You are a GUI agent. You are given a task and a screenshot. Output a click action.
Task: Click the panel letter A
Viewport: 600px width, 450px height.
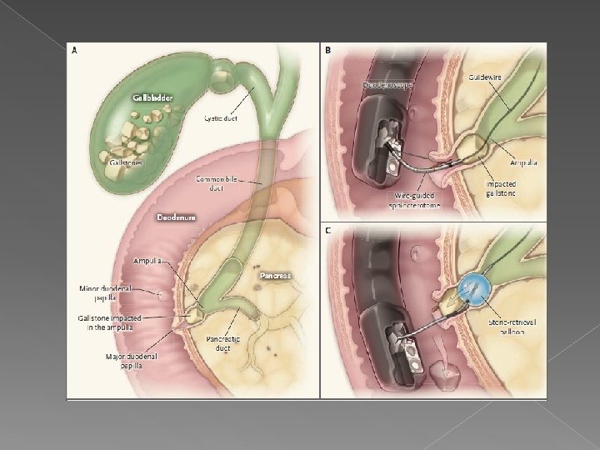[76, 50]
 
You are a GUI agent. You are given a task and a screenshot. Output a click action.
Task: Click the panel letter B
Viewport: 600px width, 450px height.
[327, 51]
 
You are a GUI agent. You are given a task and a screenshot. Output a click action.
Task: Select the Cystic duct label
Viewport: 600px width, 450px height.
[221, 118]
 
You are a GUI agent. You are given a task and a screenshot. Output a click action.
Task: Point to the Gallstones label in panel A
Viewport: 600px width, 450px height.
[126, 162]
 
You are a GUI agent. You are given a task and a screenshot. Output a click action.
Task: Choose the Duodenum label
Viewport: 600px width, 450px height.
[176, 217]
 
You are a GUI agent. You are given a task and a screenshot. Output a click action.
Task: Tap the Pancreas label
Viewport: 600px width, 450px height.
[275, 274]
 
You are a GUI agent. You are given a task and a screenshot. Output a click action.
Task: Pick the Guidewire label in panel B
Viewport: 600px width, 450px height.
[486, 76]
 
